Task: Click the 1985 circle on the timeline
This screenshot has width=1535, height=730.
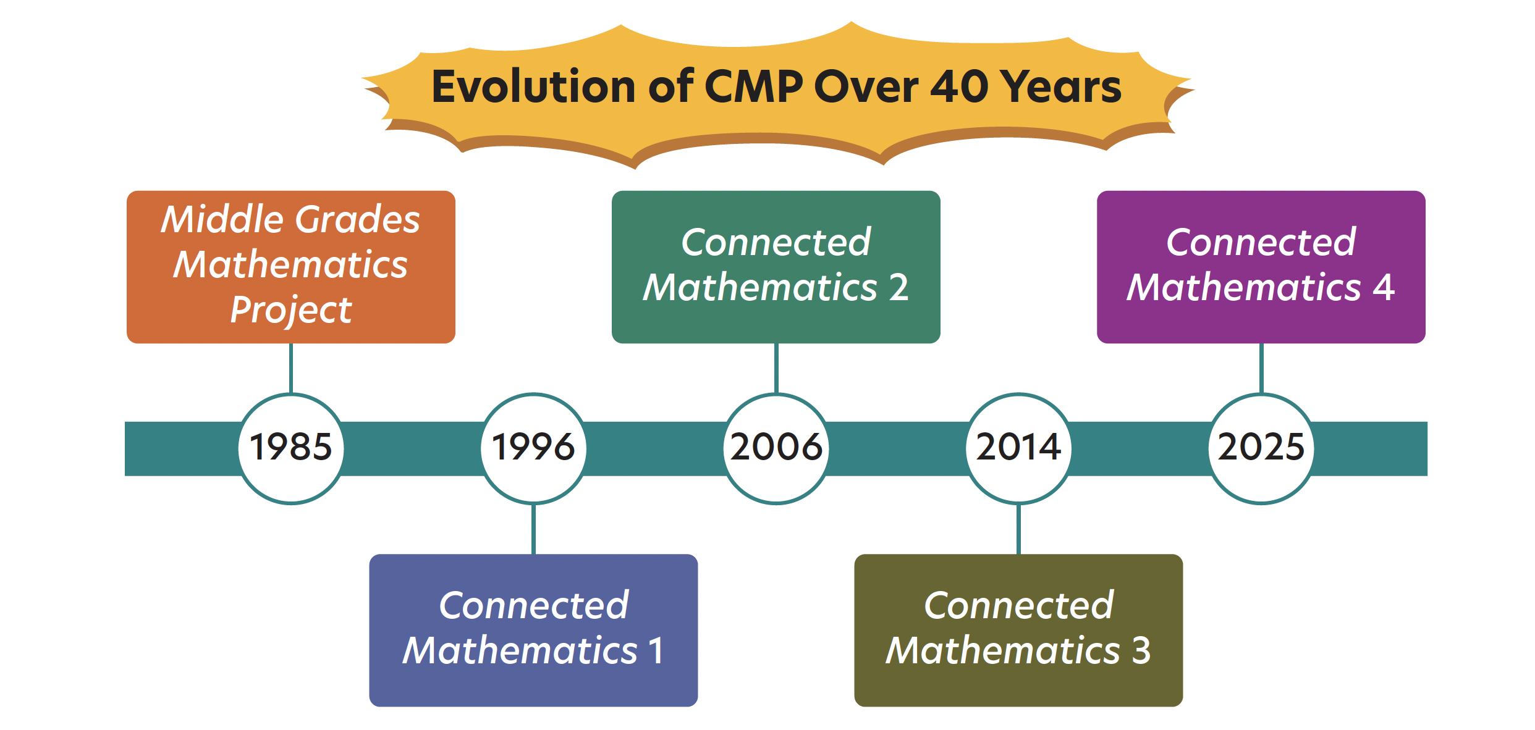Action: (291, 448)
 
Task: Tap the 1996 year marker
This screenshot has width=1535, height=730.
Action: (533, 448)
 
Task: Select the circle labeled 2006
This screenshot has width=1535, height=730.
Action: (776, 448)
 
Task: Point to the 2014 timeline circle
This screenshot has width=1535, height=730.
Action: (1018, 448)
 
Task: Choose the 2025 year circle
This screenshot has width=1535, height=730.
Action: (1261, 448)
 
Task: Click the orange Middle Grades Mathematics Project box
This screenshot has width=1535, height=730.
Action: (290, 267)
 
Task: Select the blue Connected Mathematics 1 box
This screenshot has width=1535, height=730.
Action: (533, 630)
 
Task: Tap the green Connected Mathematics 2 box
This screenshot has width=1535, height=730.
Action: (776, 267)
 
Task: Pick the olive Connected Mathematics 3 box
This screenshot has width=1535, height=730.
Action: (1018, 630)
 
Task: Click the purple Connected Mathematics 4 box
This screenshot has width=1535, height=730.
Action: (1261, 267)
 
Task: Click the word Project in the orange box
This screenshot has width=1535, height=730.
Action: (290, 310)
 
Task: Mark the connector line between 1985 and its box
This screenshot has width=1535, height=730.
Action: (291, 368)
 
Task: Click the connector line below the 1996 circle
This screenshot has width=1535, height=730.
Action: (533, 529)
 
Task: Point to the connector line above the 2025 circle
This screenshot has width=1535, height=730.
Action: (1261, 368)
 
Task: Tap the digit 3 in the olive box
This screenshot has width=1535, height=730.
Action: (1141, 650)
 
